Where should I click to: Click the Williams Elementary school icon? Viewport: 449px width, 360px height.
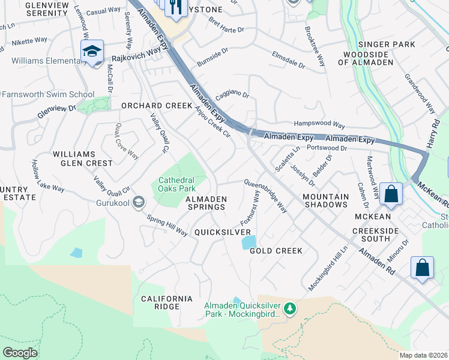92,51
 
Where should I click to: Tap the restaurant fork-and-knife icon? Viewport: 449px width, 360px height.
175,7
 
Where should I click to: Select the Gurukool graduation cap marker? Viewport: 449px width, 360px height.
139,202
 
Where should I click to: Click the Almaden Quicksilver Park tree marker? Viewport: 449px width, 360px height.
291,308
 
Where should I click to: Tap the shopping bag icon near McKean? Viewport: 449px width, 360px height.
391,194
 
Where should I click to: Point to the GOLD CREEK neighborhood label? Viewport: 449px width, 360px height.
276,251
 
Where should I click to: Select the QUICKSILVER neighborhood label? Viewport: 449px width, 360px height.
222,232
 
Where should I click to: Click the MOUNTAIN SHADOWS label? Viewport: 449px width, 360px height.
325,200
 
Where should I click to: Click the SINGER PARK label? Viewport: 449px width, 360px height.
387,44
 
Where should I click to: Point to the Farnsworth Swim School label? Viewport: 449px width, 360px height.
48,94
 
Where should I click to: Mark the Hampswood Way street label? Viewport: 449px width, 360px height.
319,125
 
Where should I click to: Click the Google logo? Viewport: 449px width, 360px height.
20,353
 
